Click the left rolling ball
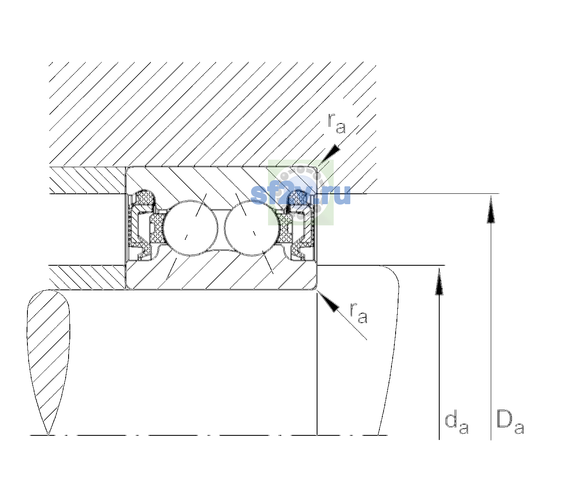[190, 228]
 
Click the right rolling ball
[252, 228]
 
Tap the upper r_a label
[337, 124]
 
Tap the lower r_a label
[358, 314]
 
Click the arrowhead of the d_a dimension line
[439, 281]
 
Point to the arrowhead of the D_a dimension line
[491, 209]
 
